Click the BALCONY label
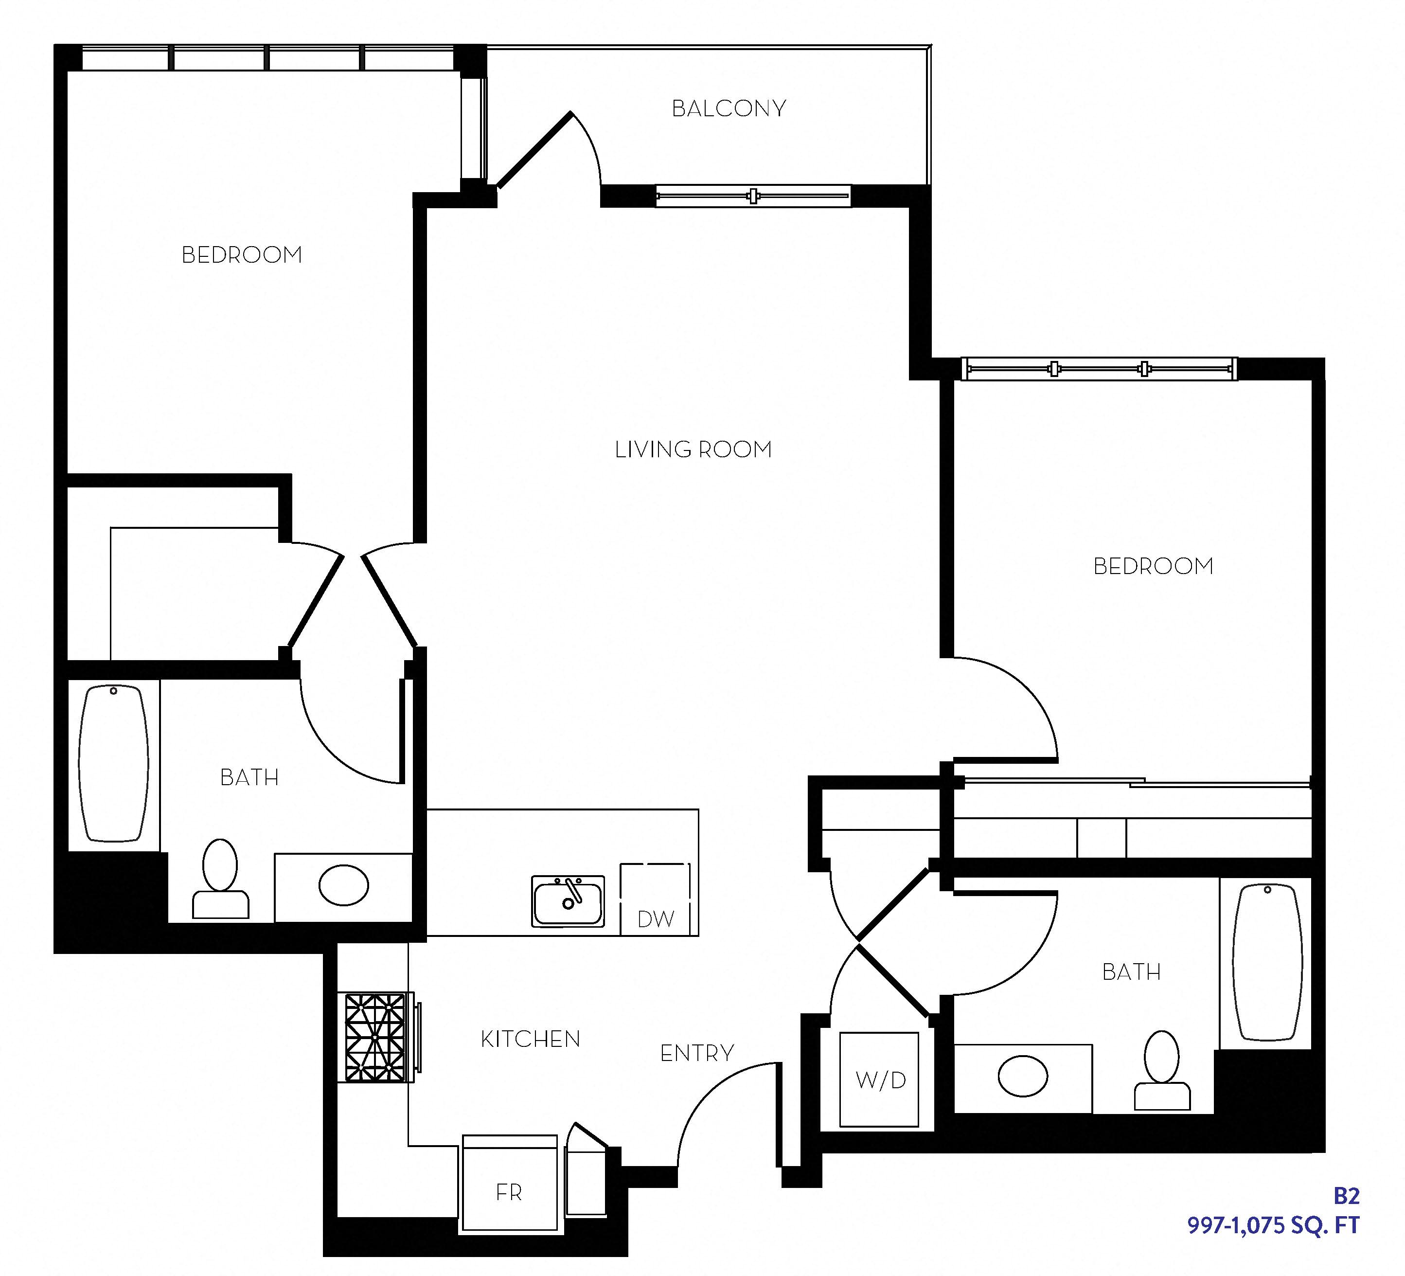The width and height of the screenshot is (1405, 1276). [x=729, y=109]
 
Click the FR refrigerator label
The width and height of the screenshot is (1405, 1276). [x=509, y=1192]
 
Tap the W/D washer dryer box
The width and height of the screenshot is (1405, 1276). [x=879, y=1080]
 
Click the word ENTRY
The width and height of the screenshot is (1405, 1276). [x=697, y=1053]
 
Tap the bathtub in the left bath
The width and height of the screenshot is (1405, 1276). [x=114, y=764]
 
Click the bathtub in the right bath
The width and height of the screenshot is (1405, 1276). [x=1267, y=962]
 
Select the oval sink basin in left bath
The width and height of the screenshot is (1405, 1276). [x=343, y=885]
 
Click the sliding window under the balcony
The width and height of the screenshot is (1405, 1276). [x=753, y=196]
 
